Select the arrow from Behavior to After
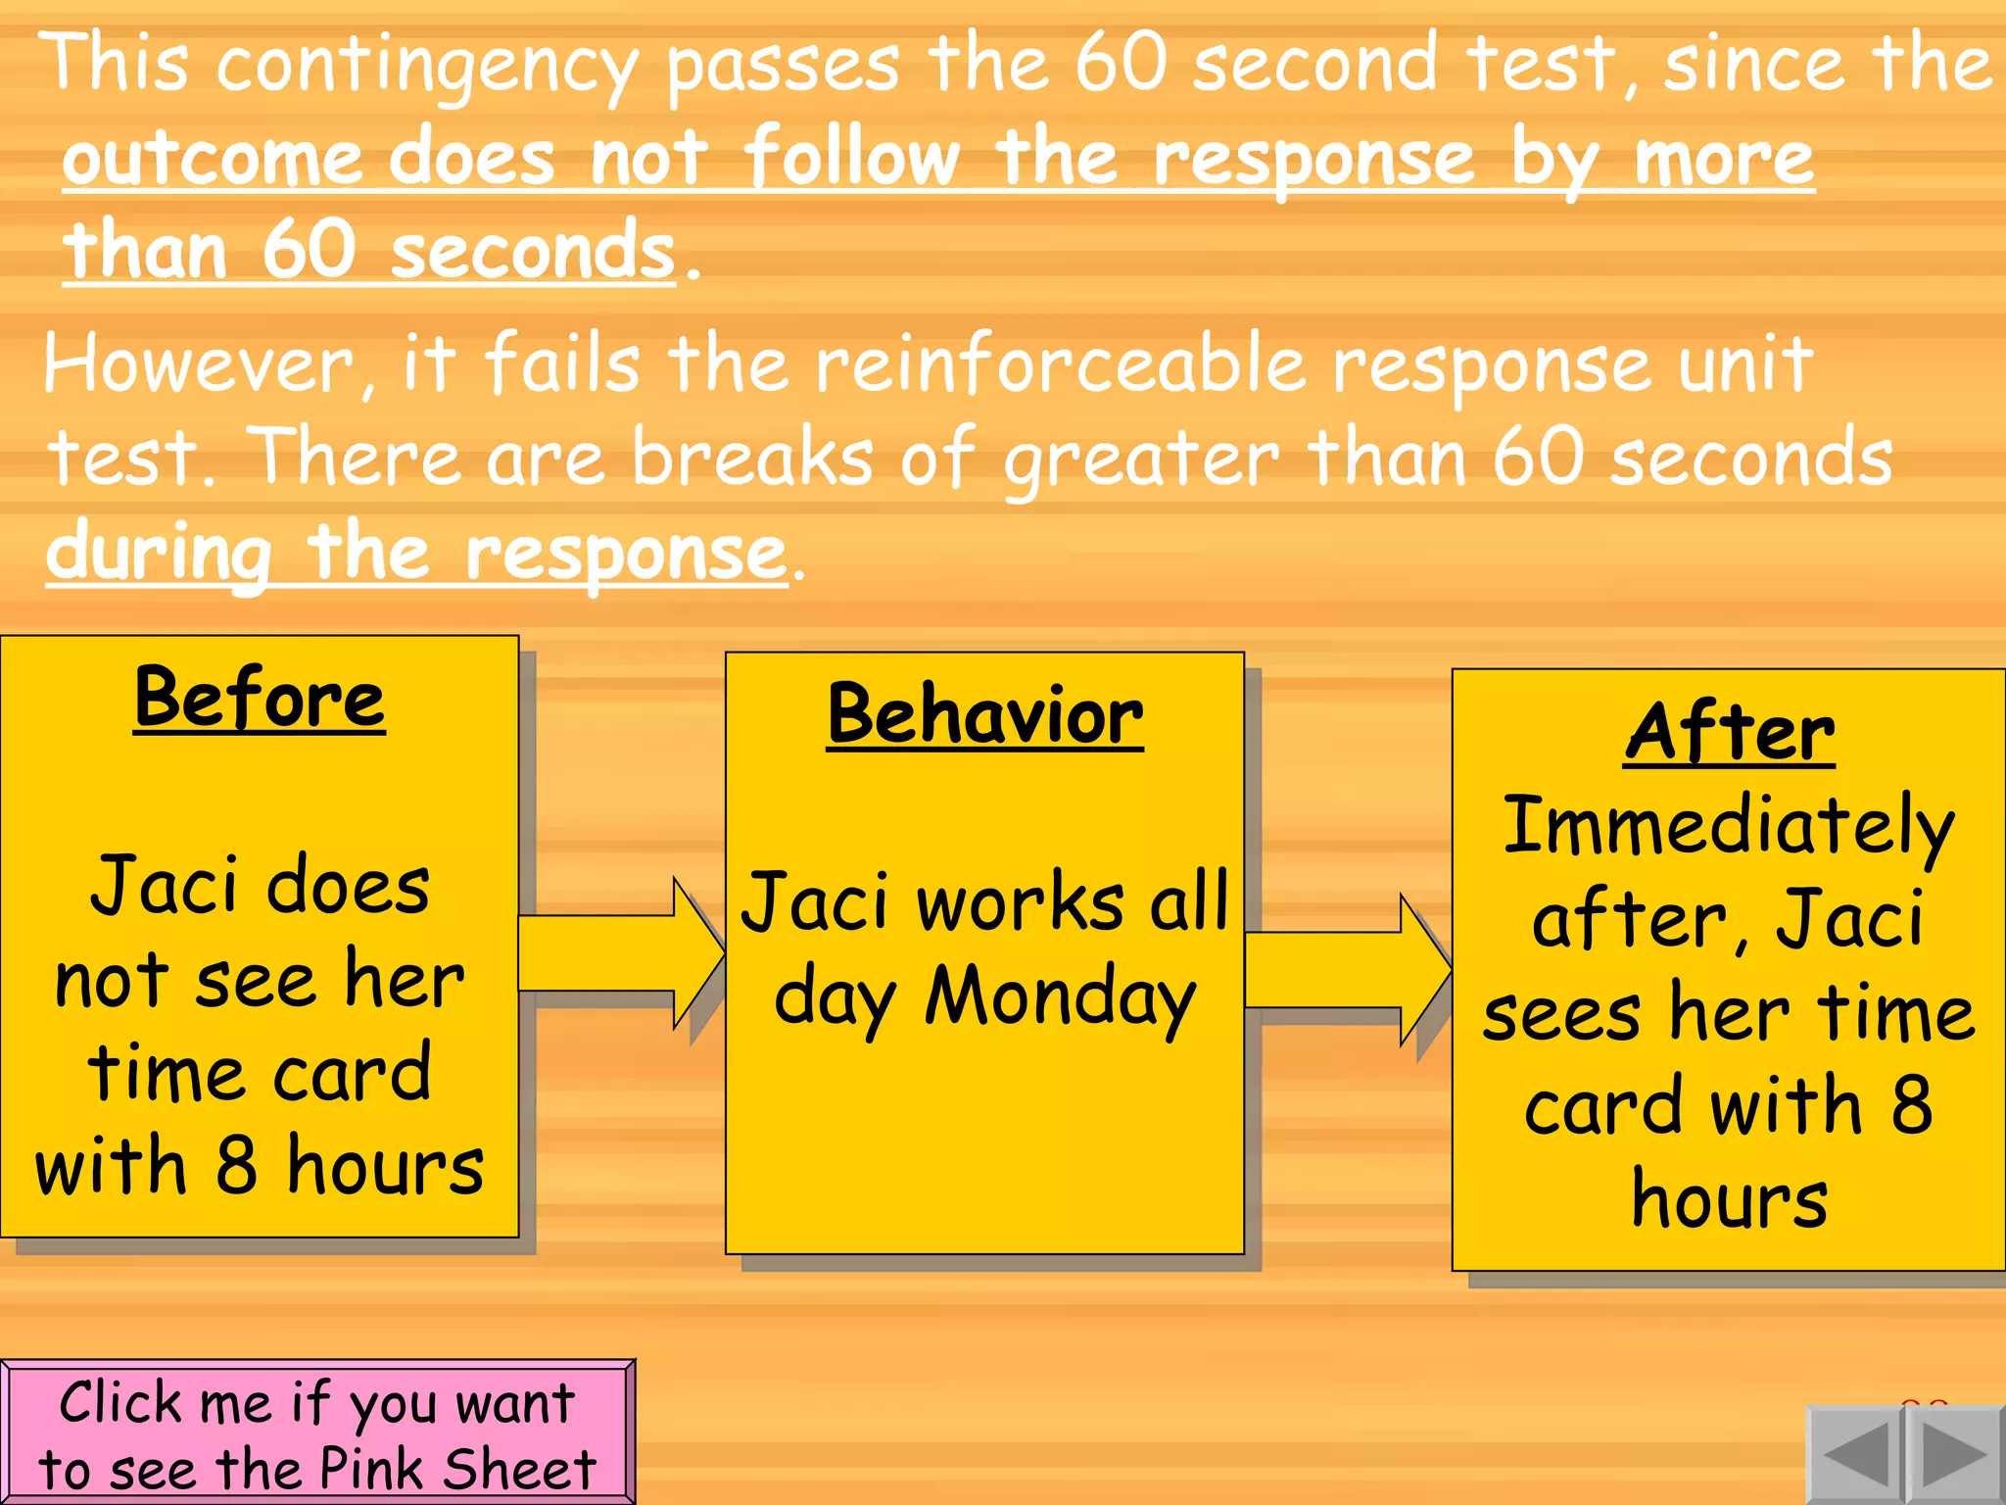tap(1348, 970)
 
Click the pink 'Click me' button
tap(317, 1432)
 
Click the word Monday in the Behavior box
tap(1060, 997)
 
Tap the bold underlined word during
tap(159, 554)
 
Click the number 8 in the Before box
tap(235, 1166)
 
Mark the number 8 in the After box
tap(1911, 1105)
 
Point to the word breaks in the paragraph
tap(752, 459)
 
